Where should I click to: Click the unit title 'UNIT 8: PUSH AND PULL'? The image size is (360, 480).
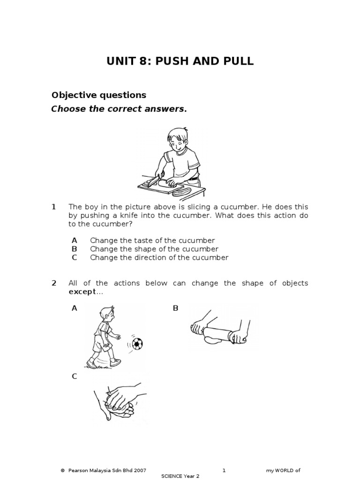(180, 61)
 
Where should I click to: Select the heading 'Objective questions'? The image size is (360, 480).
(98, 95)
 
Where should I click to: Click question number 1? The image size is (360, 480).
(54, 207)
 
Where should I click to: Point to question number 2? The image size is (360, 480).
(54, 283)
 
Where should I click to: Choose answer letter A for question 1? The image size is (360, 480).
(74, 240)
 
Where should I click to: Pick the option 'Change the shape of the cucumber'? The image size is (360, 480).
(154, 249)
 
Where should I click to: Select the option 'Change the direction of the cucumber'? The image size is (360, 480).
(159, 257)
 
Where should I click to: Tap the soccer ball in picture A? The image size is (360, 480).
(137, 345)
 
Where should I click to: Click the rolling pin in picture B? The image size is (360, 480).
(218, 332)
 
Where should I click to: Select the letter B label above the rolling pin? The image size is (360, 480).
(176, 308)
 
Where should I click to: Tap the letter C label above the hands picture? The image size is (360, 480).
(74, 376)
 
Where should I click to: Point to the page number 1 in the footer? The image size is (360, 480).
(224, 470)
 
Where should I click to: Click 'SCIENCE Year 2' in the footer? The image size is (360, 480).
(180, 476)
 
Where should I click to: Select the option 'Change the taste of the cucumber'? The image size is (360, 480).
(152, 240)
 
